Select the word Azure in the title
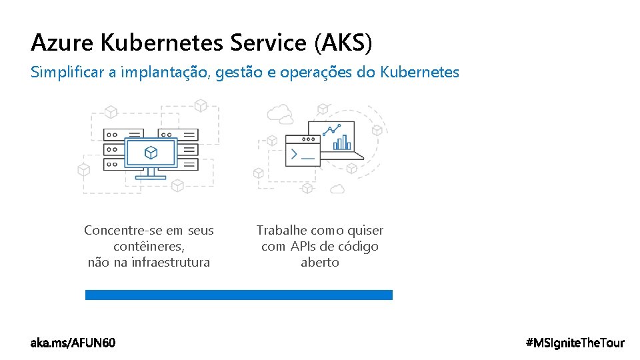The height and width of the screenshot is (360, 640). point(63,43)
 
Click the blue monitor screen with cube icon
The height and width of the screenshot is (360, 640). point(151,153)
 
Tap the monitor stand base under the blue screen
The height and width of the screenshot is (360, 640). point(151,177)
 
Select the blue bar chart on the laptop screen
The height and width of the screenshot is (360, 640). point(342,142)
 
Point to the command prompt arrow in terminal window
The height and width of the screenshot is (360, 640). point(293,155)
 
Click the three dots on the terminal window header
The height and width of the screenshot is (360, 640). point(308,139)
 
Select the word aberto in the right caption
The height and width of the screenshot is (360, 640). point(320,262)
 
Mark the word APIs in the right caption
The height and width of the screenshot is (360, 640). point(302,246)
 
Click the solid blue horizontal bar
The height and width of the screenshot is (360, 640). point(239,295)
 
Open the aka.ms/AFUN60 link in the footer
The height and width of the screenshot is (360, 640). point(73,343)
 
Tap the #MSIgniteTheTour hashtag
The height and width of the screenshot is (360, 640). point(575,343)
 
